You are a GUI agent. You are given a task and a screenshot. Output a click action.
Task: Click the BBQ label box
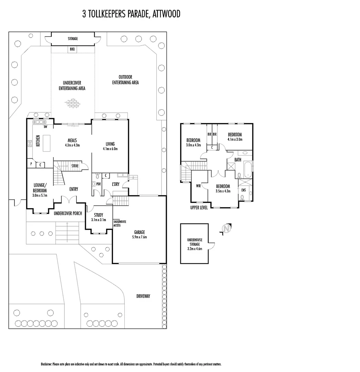(72, 50)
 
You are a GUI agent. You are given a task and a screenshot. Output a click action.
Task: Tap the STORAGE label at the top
(72, 39)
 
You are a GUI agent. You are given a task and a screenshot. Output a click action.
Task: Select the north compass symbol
(226, 229)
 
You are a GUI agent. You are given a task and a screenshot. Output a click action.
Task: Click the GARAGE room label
(140, 232)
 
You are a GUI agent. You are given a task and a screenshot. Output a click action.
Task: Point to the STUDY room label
(99, 215)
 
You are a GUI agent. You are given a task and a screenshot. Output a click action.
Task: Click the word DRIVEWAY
(143, 296)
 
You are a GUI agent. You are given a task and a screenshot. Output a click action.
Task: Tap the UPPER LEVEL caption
(199, 208)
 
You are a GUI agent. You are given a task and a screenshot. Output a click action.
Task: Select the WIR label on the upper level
(198, 186)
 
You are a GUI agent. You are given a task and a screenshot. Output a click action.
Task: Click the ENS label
(244, 190)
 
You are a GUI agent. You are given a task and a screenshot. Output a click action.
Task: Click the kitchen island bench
(46, 141)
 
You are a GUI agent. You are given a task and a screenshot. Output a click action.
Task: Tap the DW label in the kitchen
(45, 127)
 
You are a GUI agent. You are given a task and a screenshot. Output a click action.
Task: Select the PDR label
(99, 184)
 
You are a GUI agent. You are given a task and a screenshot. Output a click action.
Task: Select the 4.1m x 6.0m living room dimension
(110, 149)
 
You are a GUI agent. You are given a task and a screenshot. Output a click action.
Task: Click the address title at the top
(131, 14)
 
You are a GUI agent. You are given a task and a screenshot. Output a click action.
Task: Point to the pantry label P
(31, 164)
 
